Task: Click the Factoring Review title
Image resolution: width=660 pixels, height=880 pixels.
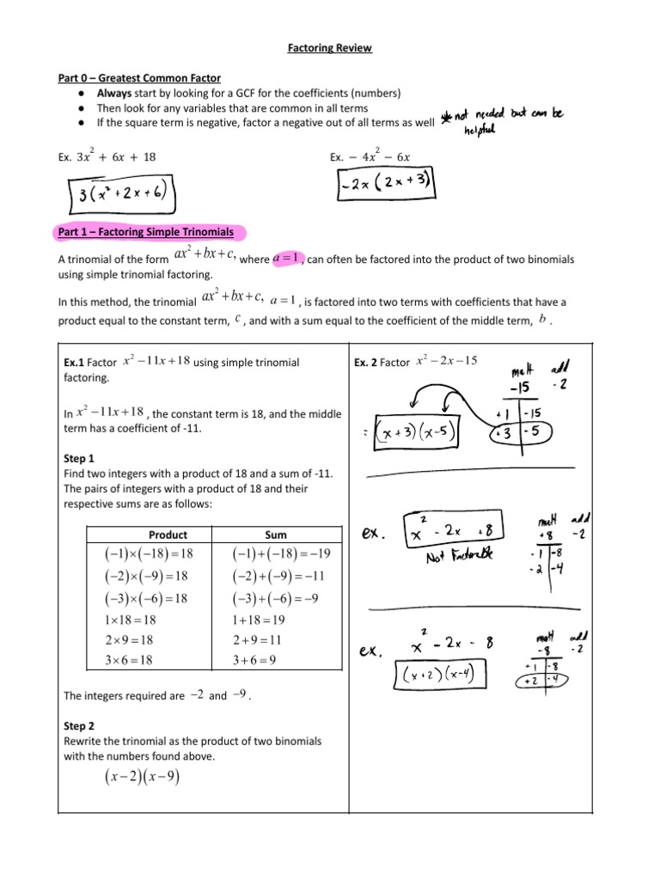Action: tap(330, 48)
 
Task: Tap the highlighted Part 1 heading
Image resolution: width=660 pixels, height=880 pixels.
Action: tap(150, 232)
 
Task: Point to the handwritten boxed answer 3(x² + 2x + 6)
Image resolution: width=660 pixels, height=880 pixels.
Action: tap(121, 195)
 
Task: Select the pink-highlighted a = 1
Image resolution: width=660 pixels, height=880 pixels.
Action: tap(284, 258)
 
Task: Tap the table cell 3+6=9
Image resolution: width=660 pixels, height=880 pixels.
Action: tap(266, 660)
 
